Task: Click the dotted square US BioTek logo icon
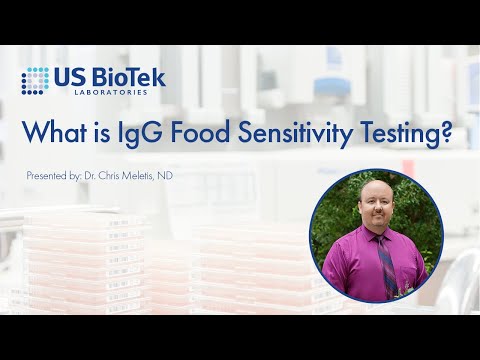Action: tap(36, 80)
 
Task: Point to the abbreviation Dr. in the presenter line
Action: tap(92, 176)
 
